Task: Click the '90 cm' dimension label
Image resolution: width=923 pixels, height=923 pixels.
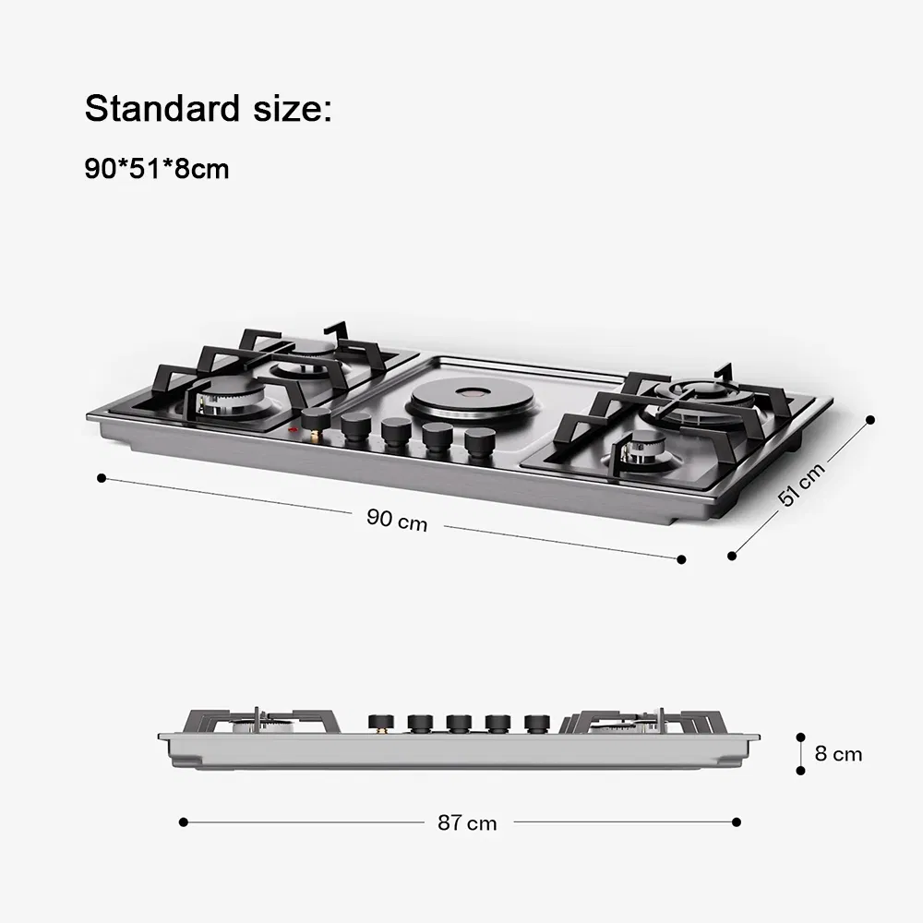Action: point(397,520)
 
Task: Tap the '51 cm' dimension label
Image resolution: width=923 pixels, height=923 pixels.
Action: point(801,485)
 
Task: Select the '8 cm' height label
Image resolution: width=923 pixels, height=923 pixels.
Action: point(838,753)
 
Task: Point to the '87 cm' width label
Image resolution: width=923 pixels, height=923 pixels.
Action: point(467,822)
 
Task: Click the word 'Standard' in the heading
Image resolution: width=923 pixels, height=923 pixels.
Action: point(162,108)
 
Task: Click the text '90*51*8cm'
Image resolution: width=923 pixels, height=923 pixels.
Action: point(157,169)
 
